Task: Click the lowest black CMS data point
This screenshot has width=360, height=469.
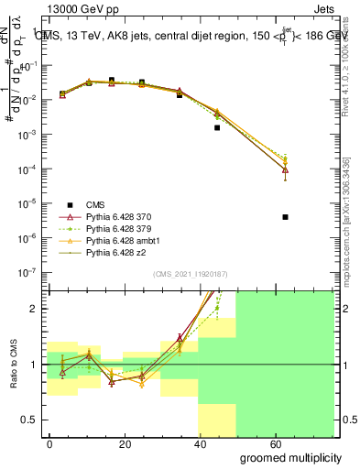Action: (x=286, y=217)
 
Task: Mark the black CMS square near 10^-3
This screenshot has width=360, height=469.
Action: (x=217, y=127)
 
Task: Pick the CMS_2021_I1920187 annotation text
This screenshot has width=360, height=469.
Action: (x=189, y=275)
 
